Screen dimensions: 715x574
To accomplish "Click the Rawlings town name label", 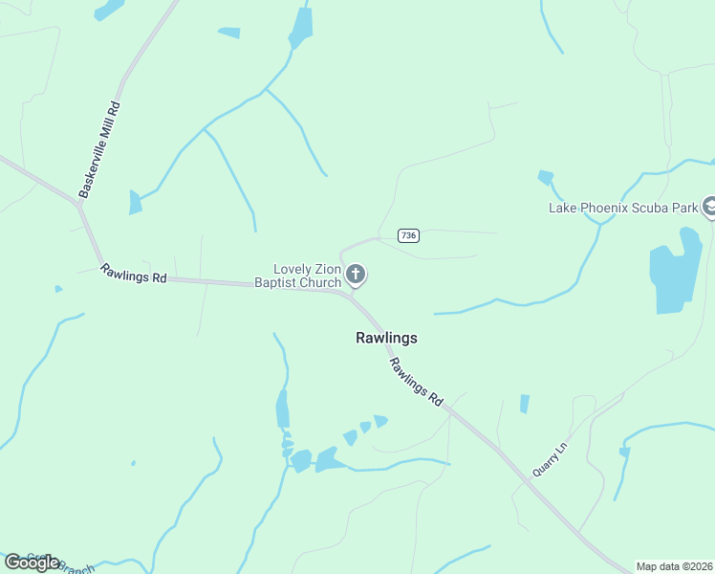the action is point(386,338).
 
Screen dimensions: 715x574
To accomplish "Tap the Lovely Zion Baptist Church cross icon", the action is point(356,276).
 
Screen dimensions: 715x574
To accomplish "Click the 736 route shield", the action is point(408,235).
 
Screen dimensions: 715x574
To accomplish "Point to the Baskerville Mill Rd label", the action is point(100,150).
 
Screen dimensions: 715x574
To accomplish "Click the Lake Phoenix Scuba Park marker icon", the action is point(709,206).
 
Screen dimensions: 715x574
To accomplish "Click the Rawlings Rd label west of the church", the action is point(134,274).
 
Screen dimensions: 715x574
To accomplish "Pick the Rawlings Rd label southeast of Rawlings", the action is point(417,383).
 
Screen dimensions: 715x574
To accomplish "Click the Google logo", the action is point(32,562).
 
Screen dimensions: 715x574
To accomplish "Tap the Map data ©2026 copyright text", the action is point(673,566).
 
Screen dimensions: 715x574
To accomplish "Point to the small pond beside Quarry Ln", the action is point(524,404).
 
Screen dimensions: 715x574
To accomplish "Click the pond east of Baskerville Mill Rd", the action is point(135,202).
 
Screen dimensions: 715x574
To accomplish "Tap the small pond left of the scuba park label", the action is point(546,177).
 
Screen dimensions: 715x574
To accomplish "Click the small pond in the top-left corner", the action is point(108,10).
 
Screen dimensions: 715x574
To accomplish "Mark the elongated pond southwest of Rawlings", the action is point(282,408).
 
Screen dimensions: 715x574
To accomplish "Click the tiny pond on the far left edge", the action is point(58,289).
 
